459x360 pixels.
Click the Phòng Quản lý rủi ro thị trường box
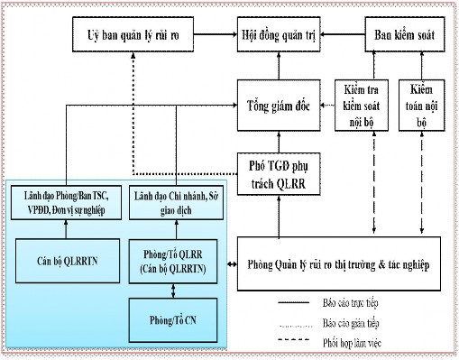[x=343, y=265]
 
